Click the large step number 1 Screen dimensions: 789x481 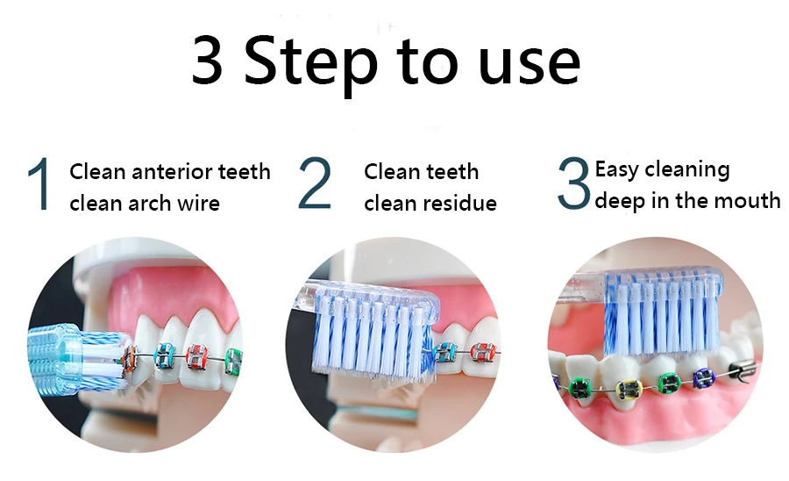[x=39, y=183]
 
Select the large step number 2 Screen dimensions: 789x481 [x=315, y=183]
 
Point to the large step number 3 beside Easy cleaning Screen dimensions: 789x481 [x=573, y=183]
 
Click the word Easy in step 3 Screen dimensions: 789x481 [x=616, y=170]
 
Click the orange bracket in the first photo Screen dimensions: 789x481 [x=130, y=355]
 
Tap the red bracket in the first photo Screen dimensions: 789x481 [x=196, y=356]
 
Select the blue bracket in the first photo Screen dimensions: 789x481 [x=165, y=355]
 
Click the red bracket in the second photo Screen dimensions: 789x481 [x=483, y=354]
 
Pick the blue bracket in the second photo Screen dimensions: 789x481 [x=446, y=352]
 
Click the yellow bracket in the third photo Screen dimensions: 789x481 [x=628, y=389]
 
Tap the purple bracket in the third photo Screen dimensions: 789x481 [x=703, y=377]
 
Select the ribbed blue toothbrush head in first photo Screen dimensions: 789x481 [x=54, y=357]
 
